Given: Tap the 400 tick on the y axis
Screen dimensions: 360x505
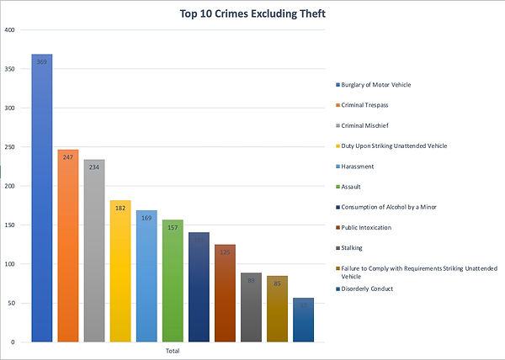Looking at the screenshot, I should pos(10,30).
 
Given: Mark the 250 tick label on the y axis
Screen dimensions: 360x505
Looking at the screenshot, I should pos(10,147).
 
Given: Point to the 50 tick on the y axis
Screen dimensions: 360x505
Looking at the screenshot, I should pos(12,303).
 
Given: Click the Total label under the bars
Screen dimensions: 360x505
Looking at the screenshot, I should pos(173,350).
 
